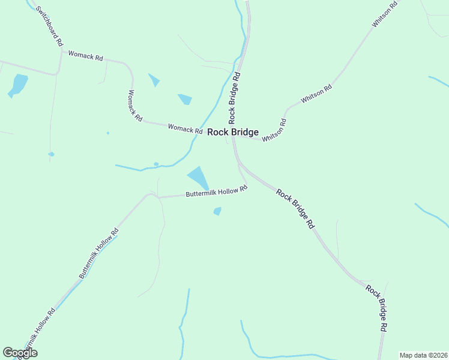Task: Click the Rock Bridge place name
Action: pos(233,133)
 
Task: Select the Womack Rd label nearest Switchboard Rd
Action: pos(86,56)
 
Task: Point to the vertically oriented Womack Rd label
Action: pos(134,106)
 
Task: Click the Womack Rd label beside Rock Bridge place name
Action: pos(185,128)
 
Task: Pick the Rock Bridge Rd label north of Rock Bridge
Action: pos(234,95)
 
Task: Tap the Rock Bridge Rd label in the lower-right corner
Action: pos(377,308)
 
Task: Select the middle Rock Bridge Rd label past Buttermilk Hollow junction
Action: pos(295,208)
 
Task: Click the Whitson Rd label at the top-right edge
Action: pos(385,14)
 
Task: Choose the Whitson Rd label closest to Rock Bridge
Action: pos(274,130)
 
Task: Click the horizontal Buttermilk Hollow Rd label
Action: pos(216,191)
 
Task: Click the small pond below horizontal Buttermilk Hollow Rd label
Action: pos(217,211)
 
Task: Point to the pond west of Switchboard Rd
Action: pos(18,85)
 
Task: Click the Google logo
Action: pos(20,353)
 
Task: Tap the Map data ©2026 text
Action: pos(423,355)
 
